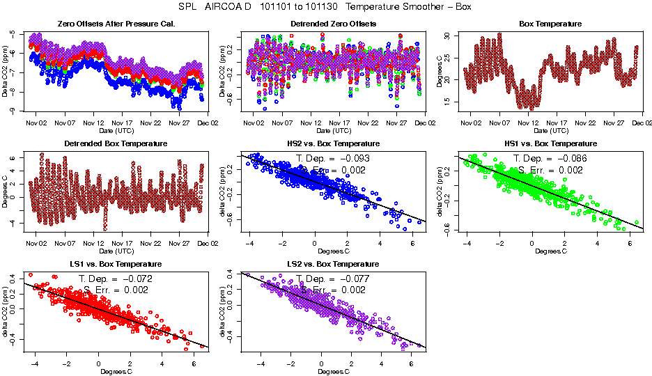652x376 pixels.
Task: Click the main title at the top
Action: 326,7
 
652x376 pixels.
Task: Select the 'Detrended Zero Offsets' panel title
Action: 333,24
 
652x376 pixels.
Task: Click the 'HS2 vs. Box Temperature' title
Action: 333,144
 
